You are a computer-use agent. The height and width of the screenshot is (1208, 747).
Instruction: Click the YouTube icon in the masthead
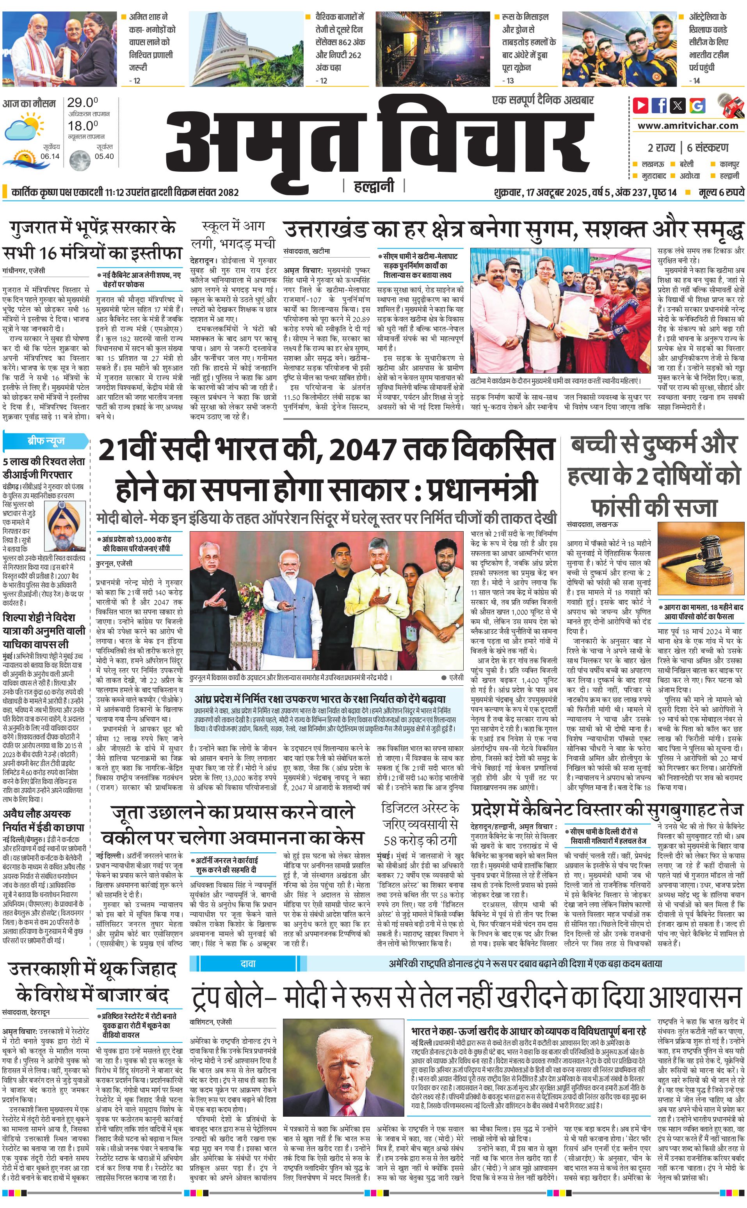[641, 105]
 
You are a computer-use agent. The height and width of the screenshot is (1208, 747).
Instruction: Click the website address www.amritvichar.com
[688, 126]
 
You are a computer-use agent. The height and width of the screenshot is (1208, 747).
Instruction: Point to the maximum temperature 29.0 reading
[82, 103]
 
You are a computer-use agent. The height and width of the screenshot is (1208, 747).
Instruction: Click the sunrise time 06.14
[50, 156]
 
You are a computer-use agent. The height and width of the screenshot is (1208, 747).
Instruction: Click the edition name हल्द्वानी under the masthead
[374, 186]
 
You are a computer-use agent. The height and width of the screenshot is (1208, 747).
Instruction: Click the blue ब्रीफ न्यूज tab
[46, 441]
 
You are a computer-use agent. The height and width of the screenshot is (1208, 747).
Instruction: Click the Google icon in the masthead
[697, 105]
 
